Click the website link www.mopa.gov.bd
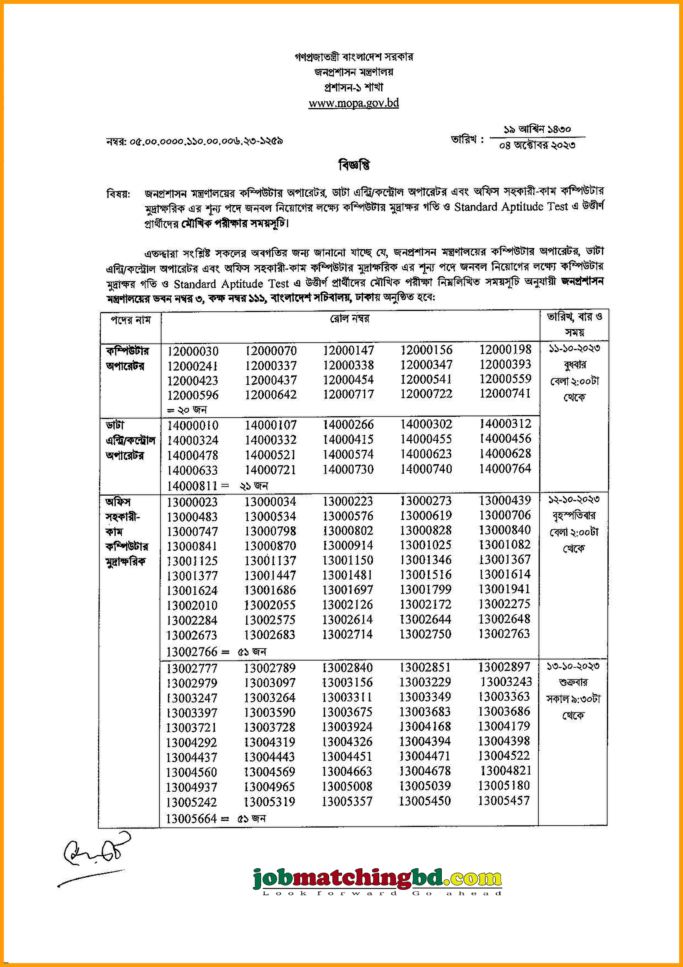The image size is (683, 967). tap(354, 103)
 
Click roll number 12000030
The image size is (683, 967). tap(193, 351)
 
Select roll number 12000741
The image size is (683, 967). tap(505, 393)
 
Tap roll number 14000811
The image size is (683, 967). tap(191, 486)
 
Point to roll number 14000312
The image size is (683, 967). tap(505, 424)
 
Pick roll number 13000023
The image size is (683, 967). tap(192, 502)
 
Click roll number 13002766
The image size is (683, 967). tap(191, 652)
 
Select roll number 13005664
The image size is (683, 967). tap(191, 819)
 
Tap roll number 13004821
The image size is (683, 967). tap(506, 771)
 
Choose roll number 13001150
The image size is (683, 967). tap(347, 561)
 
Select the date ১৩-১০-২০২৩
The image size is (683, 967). tap(573, 666)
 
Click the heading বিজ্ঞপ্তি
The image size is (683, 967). tap(354, 165)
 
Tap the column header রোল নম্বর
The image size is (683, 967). tap(349, 319)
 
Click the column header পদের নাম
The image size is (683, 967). tap(131, 320)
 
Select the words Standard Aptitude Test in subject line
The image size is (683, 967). tap(511, 207)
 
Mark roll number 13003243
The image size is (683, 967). tap(506, 682)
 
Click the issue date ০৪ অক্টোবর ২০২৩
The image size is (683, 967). tap(537, 145)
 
